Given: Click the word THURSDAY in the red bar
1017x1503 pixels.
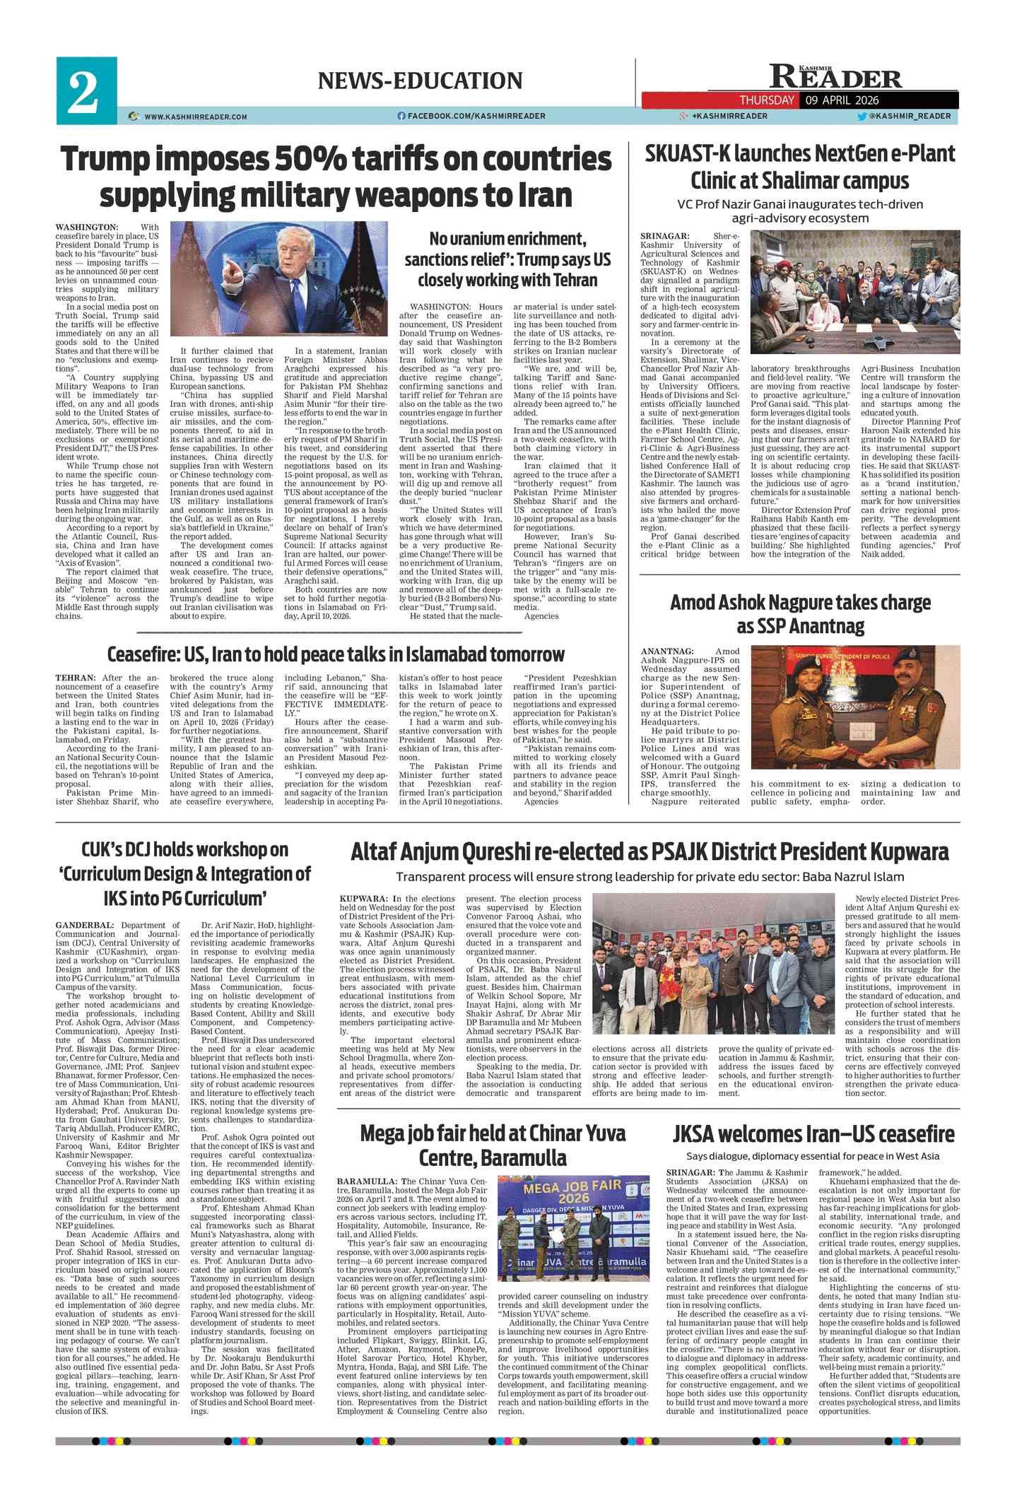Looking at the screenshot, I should (x=767, y=100).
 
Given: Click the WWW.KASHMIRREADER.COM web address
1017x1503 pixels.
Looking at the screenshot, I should (x=195, y=117).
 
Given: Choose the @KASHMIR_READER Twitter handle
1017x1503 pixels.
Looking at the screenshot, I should (x=910, y=116).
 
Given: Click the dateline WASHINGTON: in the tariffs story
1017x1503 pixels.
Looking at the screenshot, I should (x=87, y=227).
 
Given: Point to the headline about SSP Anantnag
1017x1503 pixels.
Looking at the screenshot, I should (x=800, y=614).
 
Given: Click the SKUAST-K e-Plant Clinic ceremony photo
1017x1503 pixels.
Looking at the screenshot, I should (x=855, y=293).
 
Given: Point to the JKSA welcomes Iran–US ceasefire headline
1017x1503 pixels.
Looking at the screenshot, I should (x=813, y=1134).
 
